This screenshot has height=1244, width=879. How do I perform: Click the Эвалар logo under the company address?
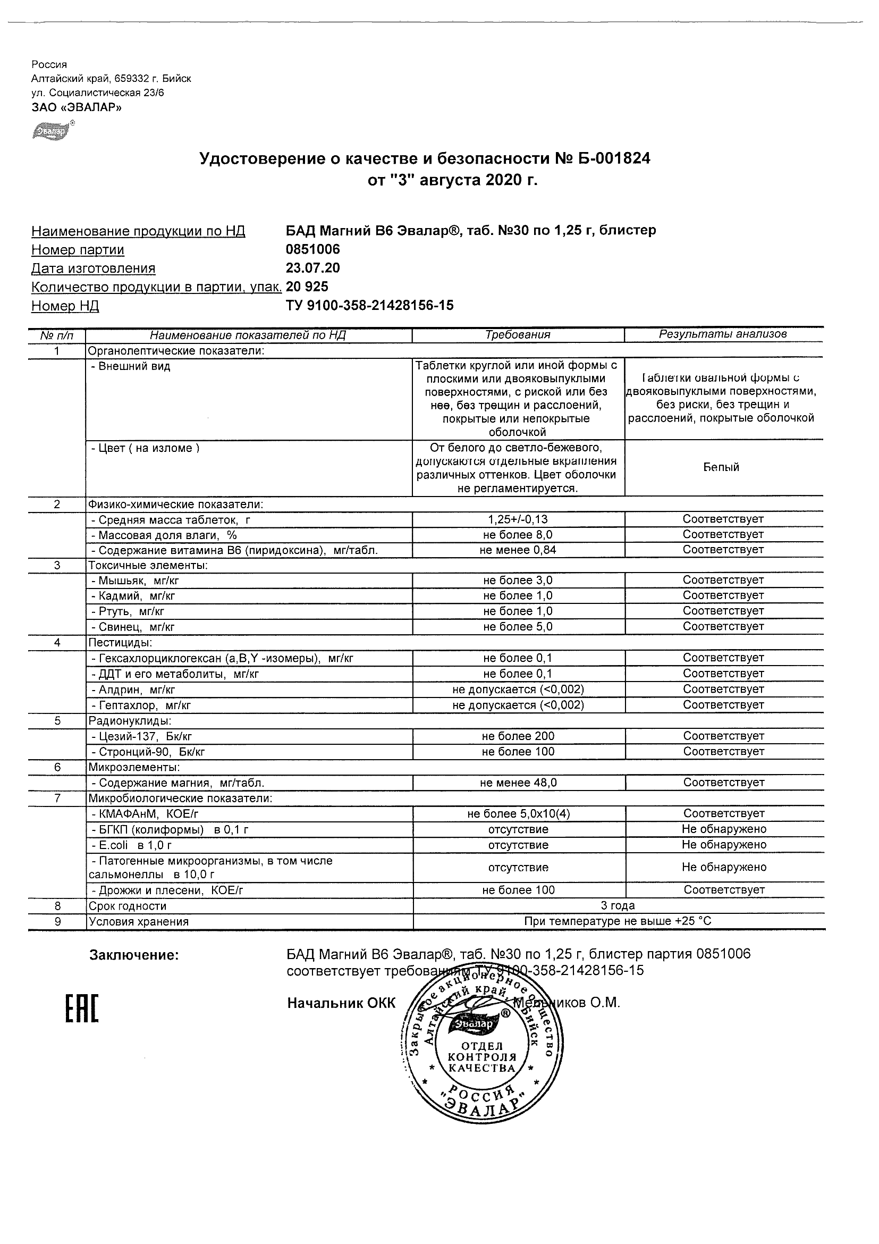coord(52,131)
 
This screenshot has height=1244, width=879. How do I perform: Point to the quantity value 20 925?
coord(307,286)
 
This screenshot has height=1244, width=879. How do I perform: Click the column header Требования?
coord(518,335)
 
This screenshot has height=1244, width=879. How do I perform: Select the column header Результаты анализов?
coord(722,334)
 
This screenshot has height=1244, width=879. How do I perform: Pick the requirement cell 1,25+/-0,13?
coord(518,519)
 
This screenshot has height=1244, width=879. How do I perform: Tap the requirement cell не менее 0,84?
coord(518,550)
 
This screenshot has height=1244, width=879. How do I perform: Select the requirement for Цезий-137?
coord(518,736)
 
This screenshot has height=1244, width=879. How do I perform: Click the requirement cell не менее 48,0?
coord(518,783)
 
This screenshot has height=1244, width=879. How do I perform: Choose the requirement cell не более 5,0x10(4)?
coord(518,813)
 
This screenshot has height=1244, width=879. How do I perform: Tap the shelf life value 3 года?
coord(618,905)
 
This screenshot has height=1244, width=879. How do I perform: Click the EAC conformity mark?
coord(82,1009)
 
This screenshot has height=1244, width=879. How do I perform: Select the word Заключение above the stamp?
coord(134,955)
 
